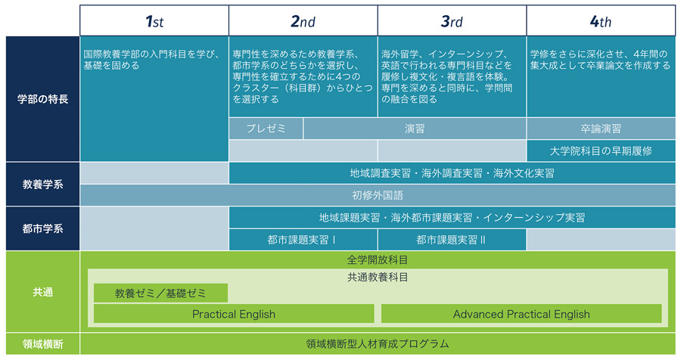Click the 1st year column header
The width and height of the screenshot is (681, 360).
coord(154,20)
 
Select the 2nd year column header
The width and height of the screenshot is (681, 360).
coord(303,20)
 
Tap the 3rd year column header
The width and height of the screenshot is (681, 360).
coord(452,20)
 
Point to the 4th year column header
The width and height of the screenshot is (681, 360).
coord(601,20)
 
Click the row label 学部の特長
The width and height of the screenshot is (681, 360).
coord(42,99)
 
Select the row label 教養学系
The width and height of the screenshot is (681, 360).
coord(42,184)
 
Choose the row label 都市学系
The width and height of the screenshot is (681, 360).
coord(42,228)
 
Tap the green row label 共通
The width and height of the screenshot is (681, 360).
coord(42,292)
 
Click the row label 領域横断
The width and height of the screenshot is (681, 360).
coord(42,344)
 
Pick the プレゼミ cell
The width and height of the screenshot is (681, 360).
coord(266,129)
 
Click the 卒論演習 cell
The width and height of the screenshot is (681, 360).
coord(601,129)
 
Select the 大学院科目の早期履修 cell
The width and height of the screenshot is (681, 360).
coord(601,151)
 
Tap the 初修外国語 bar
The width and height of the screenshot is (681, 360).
coord(378,195)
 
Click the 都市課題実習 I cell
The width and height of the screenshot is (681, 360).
coord(303,240)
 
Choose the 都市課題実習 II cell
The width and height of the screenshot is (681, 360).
coord(452,240)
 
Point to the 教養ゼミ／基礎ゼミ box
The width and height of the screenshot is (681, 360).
coord(160,293)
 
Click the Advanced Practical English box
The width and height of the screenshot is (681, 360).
coord(521,314)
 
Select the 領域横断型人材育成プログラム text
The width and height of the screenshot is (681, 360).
coord(378,344)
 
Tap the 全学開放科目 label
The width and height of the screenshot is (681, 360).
coord(378,259)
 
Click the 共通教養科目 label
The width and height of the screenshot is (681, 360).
coord(378,277)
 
